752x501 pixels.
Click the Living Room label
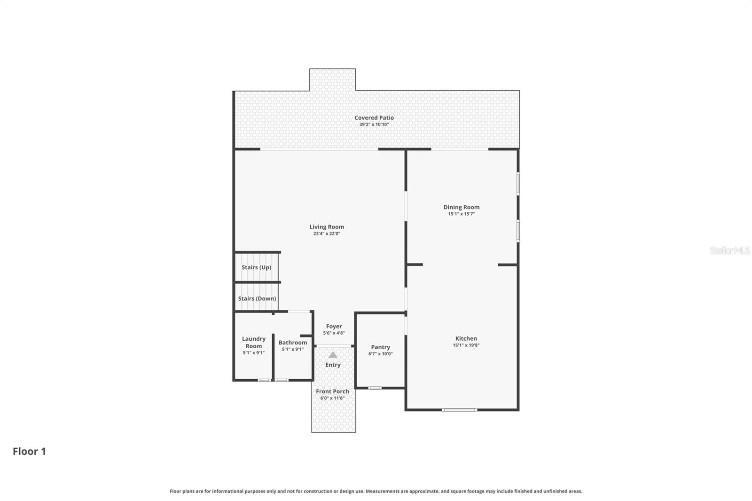(x=327, y=227)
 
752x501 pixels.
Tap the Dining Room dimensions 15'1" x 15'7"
(x=461, y=214)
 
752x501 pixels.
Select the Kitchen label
(x=466, y=338)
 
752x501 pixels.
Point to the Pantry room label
(x=380, y=347)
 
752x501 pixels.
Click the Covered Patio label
(x=374, y=118)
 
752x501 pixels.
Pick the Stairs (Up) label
(x=256, y=267)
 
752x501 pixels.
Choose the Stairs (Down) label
(x=257, y=298)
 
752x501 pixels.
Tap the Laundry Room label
(x=254, y=342)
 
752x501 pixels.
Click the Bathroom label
(x=292, y=343)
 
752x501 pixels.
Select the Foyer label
(x=334, y=326)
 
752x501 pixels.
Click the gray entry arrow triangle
(x=333, y=355)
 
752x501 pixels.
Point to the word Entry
(x=333, y=365)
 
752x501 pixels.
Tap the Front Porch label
(x=332, y=391)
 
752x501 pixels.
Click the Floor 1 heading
(x=29, y=451)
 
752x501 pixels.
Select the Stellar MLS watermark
(x=729, y=250)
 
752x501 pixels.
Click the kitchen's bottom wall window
(x=459, y=410)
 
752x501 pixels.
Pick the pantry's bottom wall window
(x=375, y=388)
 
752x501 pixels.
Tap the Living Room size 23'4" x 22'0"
(x=327, y=234)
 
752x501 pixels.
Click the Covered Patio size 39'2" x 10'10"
(x=374, y=125)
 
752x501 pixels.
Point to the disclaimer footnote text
(x=376, y=491)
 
